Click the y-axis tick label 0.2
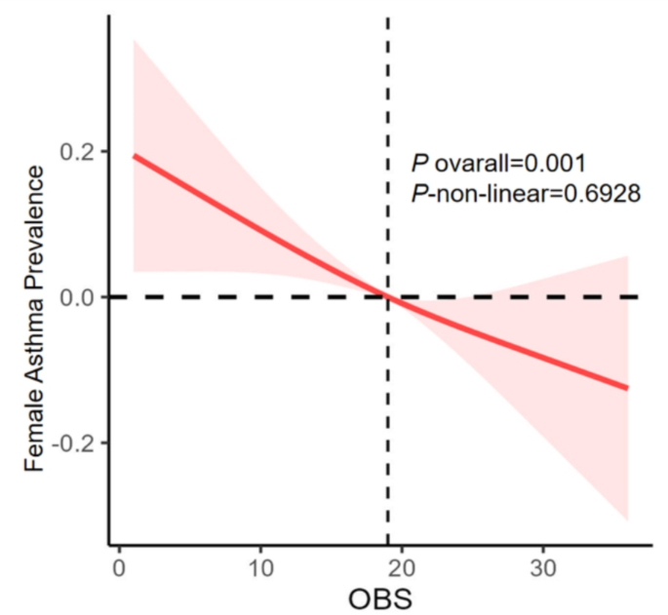(79, 152)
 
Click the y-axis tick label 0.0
(79, 297)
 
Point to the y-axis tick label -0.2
(76, 442)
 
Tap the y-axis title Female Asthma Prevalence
(35, 318)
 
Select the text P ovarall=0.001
(497, 164)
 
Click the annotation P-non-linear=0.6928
(525, 194)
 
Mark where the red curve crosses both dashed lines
(388, 296)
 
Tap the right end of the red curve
(628, 388)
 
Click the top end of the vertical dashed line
(388, 18)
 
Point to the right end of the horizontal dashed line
(639, 296)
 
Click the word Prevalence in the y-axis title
(35, 226)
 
